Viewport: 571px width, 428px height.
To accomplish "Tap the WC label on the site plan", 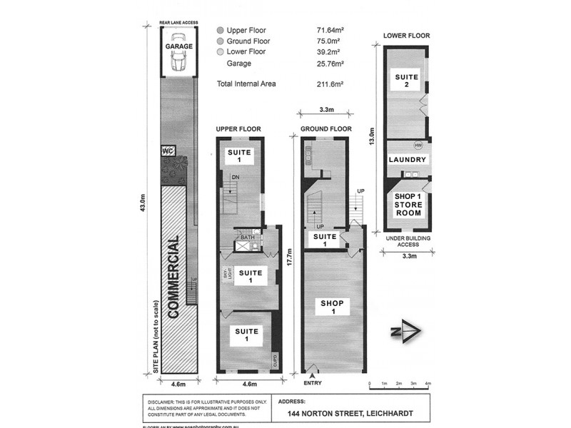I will click(x=168, y=151).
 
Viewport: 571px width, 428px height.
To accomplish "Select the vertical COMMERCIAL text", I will click(x=172, y=278).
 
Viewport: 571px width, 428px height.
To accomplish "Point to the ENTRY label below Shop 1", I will click(x=313, y=383).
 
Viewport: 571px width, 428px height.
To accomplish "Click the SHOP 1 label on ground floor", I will click(x=332, y=308).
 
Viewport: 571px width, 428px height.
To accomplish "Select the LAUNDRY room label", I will click(x=407, y=160).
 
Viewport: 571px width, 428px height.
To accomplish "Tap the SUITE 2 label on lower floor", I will click(x=407, y=79).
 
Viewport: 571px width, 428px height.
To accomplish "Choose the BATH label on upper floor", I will click(x=247, y=238).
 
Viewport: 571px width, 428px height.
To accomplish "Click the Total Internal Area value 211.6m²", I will click(x=330, y=83).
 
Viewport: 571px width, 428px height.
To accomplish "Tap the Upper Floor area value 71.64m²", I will click(x=330, y=31).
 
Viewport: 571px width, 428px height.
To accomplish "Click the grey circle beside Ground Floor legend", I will click(x=220, y=41).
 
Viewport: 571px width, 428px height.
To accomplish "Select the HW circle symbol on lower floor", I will click(x=418, y=146).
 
